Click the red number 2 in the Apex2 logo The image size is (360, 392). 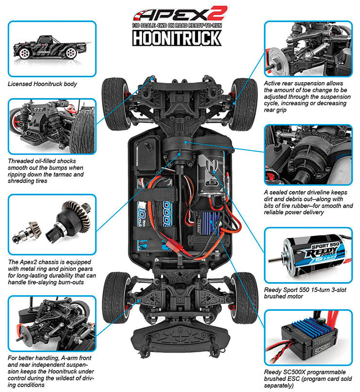[x=217, y=13]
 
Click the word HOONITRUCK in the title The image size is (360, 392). [x=177, y=38]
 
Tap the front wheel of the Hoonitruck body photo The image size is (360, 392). [x=71, y=53]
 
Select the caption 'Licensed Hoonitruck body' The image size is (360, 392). [x=42, y=84]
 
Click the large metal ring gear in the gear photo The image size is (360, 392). [x=76, y=215]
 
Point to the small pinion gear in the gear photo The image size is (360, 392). [x=35, y=229]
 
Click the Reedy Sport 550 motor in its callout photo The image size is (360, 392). [x=314, y=255]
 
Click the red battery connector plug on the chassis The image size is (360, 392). [x=174, y=246]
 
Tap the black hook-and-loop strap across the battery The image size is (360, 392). [x=156, y=195]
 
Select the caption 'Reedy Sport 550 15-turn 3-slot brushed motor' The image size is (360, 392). [x=305, y=293]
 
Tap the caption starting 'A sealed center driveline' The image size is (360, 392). [x=308, y=202]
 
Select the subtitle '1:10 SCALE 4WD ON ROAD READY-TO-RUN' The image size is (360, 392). [x=177, y=25]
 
